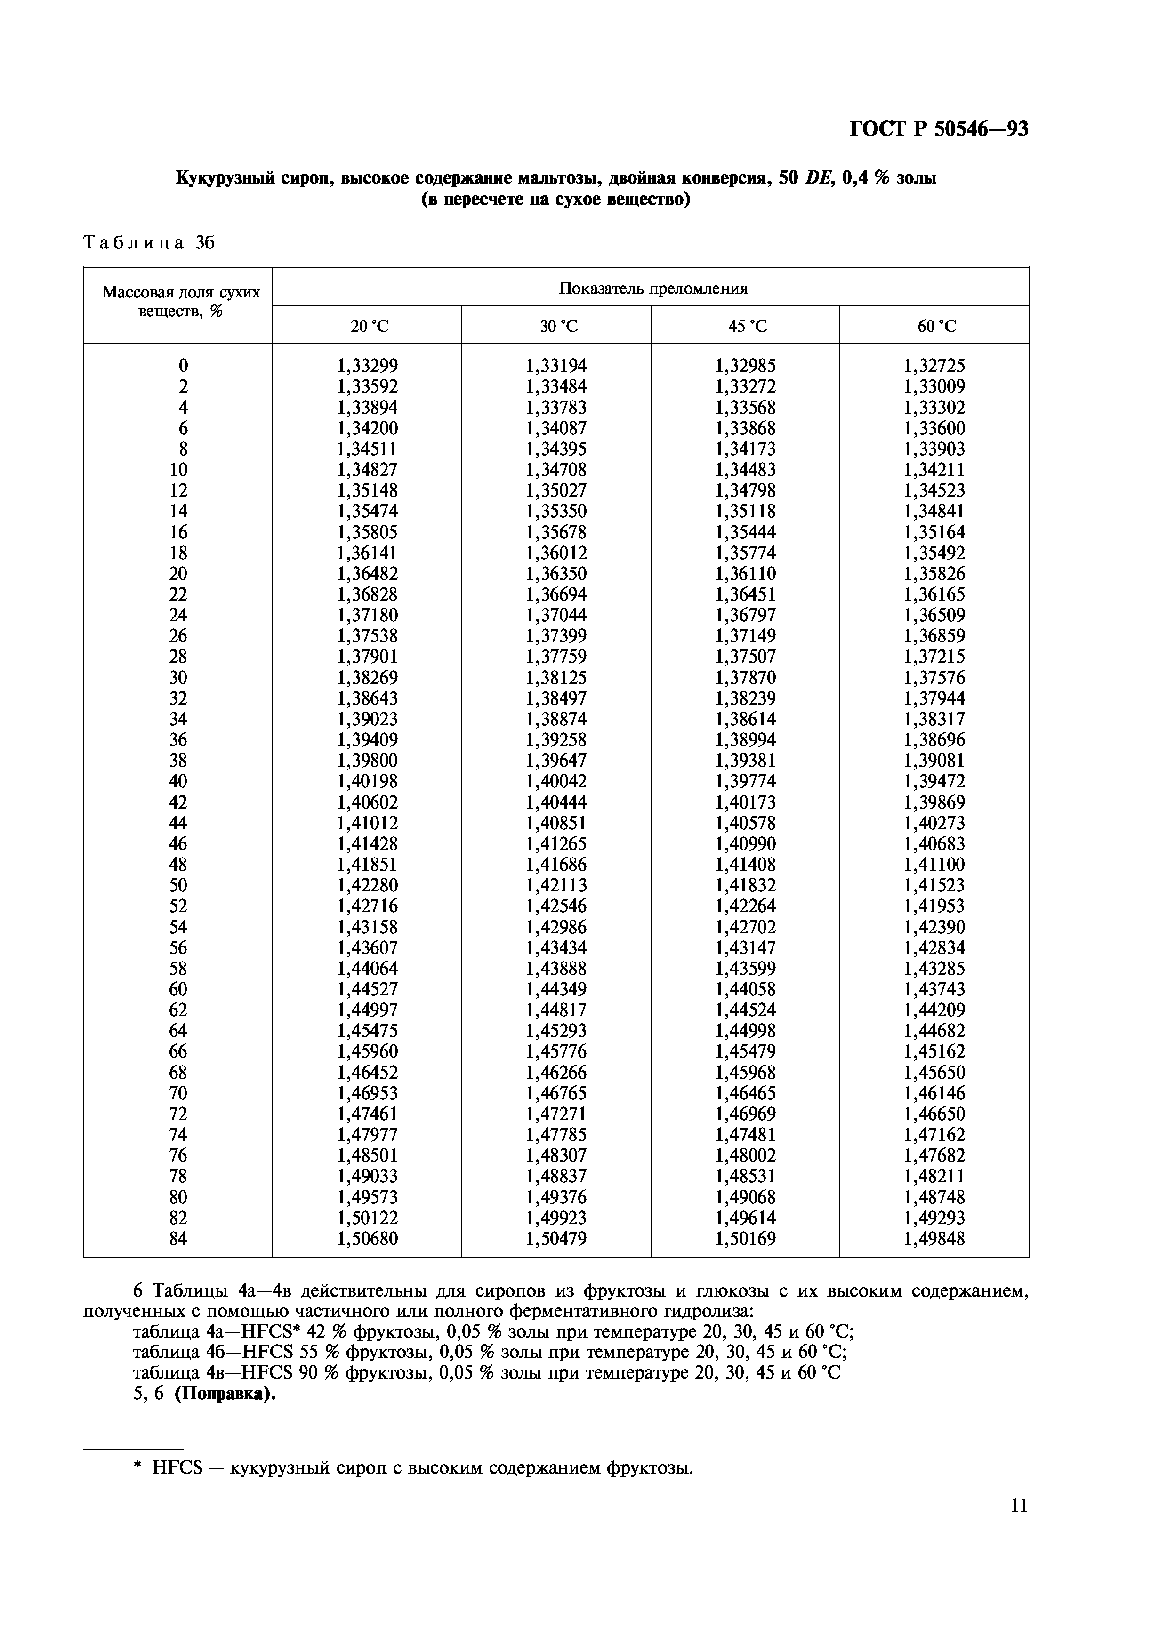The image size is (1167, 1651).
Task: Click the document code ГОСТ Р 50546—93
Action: (x=938, y=129)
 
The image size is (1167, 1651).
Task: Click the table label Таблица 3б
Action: (x=150, y=243)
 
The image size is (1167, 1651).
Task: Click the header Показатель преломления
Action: (x=653, y=289)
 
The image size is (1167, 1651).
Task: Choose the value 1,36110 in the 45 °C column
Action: (x=746, y=574)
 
